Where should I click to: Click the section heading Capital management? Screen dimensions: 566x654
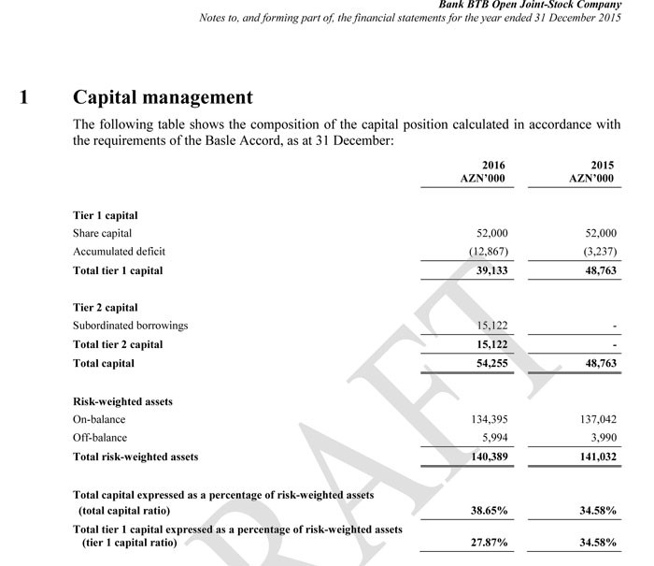(x=163, y=97)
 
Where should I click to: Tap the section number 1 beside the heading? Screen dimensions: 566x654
(x=24, y=97)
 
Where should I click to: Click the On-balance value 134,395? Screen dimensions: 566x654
(x=488, y=419)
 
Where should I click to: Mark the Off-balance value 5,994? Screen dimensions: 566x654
(x=493, y=437)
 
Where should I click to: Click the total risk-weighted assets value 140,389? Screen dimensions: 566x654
(x=488, y=457)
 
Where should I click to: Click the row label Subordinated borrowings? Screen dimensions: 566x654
(x=130, y=326)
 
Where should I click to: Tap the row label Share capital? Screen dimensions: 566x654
(x=102, y=233)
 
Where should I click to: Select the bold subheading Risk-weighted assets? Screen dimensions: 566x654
(x=122, y=401)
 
